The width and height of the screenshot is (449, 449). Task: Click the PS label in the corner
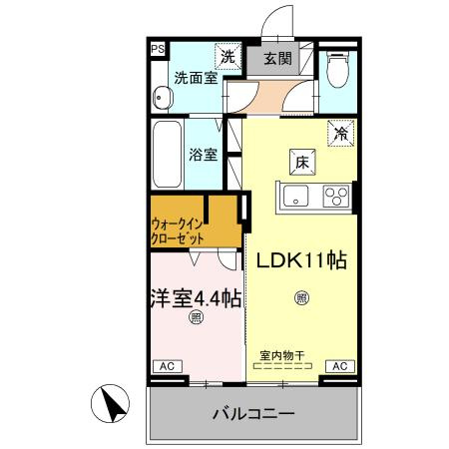(x=157, y=48)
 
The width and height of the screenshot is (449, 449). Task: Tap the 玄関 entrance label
(x=277, y=58)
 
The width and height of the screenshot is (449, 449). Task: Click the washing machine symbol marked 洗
(x=228, y=57)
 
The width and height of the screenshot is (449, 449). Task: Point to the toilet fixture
(x=337, y=70)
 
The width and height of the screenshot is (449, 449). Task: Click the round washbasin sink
(x=162, y=97)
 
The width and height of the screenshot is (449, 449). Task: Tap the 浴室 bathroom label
(x=205, y=155)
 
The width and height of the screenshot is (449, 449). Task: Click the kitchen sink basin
(x=299, y=195)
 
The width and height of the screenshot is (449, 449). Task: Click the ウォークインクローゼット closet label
(x=180, y=231)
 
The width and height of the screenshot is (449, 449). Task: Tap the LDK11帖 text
(x=302, y=260)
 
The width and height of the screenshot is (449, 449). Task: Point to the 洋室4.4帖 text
(x=196, y=296)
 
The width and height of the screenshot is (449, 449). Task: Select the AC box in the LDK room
(x=338, y=366)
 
